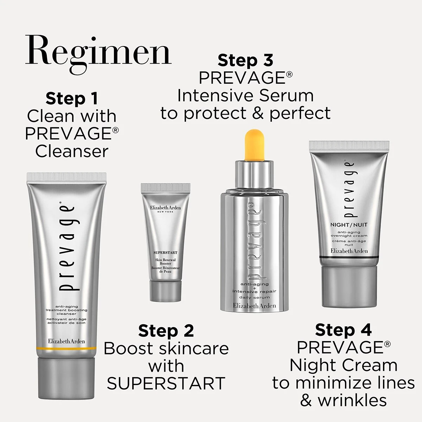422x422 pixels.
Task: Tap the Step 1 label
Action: click(71, 99)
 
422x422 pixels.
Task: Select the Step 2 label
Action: click(166, 331)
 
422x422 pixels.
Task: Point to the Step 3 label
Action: click(245, 60)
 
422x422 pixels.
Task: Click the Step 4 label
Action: click(343, 330)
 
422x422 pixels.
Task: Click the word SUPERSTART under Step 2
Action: click(166, 383)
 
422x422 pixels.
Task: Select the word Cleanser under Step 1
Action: click(71, 152)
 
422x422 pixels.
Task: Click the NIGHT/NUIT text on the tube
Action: click(349, 224)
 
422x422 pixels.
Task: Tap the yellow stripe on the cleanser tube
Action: click(66, 348)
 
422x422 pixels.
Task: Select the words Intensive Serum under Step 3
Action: click(245, 96)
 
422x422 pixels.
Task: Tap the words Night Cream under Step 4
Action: click(343, 365)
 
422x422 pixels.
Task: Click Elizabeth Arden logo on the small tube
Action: click(165, 208)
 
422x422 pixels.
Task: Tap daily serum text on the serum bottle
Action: click(254, 298)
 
